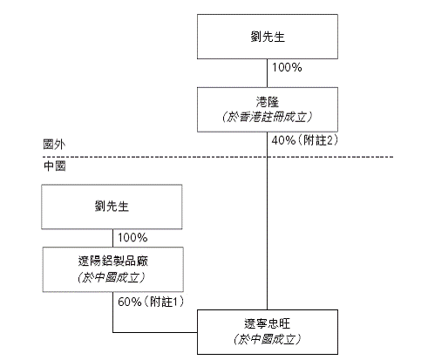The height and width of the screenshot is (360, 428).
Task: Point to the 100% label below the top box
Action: pos(287,67)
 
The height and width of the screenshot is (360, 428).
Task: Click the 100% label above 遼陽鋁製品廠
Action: pos(132,238)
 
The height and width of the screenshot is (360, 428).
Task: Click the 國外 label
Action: pos(54,144)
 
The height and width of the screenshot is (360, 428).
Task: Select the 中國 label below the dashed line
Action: pos(54,166)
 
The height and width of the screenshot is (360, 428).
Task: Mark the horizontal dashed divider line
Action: pos(218,157)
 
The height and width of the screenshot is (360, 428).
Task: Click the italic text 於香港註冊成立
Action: pos(267,117)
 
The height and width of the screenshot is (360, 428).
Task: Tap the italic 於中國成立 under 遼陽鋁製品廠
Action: pos(112,277)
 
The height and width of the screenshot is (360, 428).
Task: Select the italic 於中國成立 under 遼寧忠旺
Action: pos(268,339)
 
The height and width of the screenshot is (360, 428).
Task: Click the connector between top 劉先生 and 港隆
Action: pos(268,73)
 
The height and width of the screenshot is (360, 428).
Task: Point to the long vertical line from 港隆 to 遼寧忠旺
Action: pos(268,221)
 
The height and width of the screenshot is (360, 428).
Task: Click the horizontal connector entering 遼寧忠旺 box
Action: pos(155,332)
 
